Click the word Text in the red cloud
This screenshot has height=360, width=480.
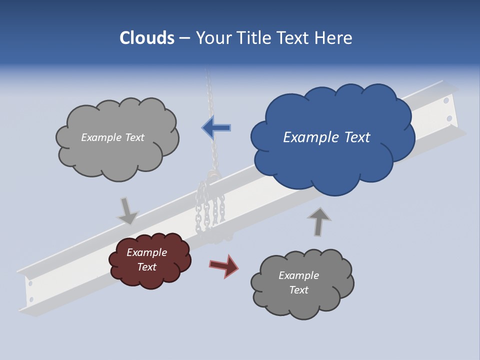(x=147, y=267)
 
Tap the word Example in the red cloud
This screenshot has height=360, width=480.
(x=146, y=252)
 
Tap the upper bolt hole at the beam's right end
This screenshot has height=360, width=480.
(x=446, y=101)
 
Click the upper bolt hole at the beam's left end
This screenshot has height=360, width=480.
(x=30, y=283)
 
